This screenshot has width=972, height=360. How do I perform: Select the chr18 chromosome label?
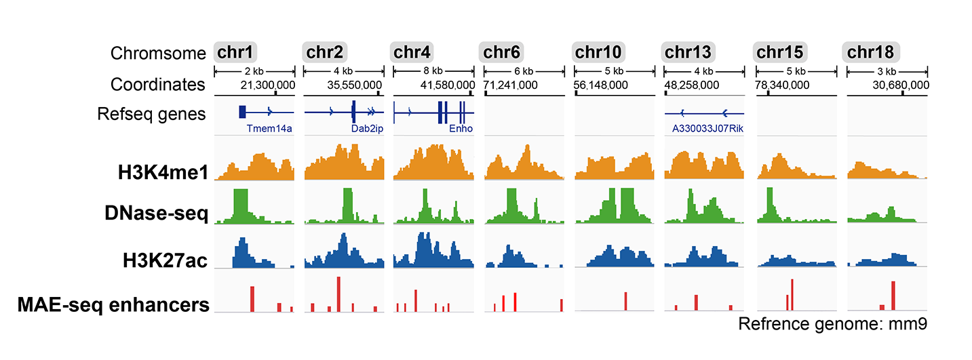[871, 52]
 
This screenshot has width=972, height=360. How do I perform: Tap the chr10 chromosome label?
[599, 52]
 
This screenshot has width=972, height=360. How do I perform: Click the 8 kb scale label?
[433, 71]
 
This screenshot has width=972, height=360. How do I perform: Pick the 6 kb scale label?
[524, 71]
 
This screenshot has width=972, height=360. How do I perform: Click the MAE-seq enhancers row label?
[113, 305]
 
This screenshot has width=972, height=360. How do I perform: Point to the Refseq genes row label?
[159, 114]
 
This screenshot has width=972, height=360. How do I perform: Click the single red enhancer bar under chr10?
[625, 302]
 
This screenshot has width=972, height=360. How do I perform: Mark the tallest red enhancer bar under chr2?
[338, 294]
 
